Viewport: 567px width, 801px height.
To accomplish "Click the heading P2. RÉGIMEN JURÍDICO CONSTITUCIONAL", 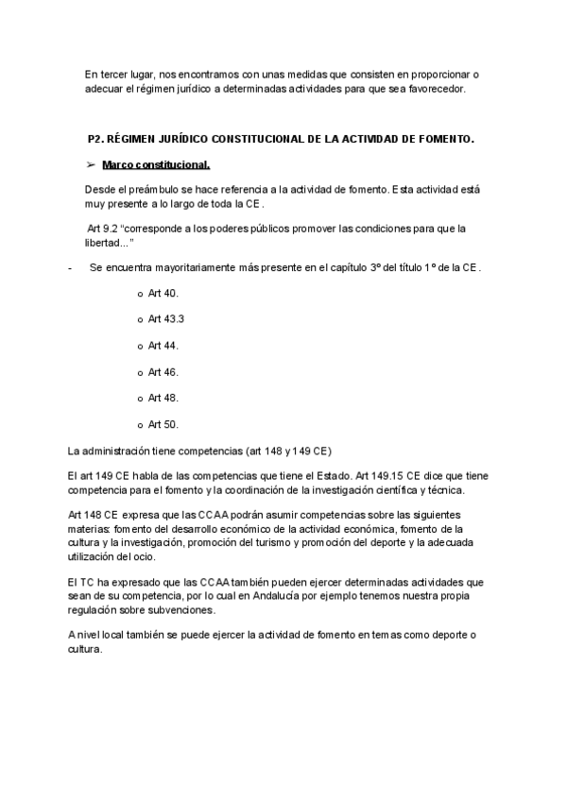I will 280,139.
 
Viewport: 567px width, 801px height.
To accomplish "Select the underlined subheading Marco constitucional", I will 156,164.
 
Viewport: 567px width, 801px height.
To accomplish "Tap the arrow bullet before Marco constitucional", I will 92,164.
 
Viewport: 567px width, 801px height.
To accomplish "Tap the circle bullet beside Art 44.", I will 141,347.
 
